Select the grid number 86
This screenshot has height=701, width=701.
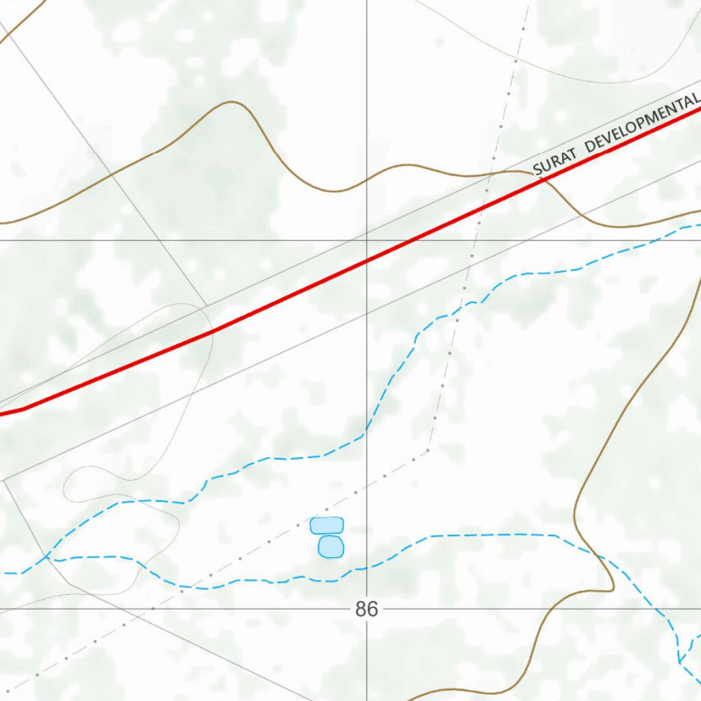[x=366, y=609]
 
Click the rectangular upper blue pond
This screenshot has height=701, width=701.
[x=327, y=525]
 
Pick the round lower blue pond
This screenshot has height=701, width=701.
[x=331, y=546]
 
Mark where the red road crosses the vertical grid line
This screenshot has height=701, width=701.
[x=367, y=261]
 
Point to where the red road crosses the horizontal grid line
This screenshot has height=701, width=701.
[x=411, y=240]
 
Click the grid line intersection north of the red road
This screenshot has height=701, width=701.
[x=367, y=240]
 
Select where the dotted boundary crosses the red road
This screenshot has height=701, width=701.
[x=482, y=207]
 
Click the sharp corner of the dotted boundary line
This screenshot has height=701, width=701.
[x=429, y=449]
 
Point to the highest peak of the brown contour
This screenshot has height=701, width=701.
[x=233, y=102]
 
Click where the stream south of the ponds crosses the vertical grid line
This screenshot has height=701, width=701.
[x=367, y=567]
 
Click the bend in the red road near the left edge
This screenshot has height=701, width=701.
[x=25, y=409]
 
